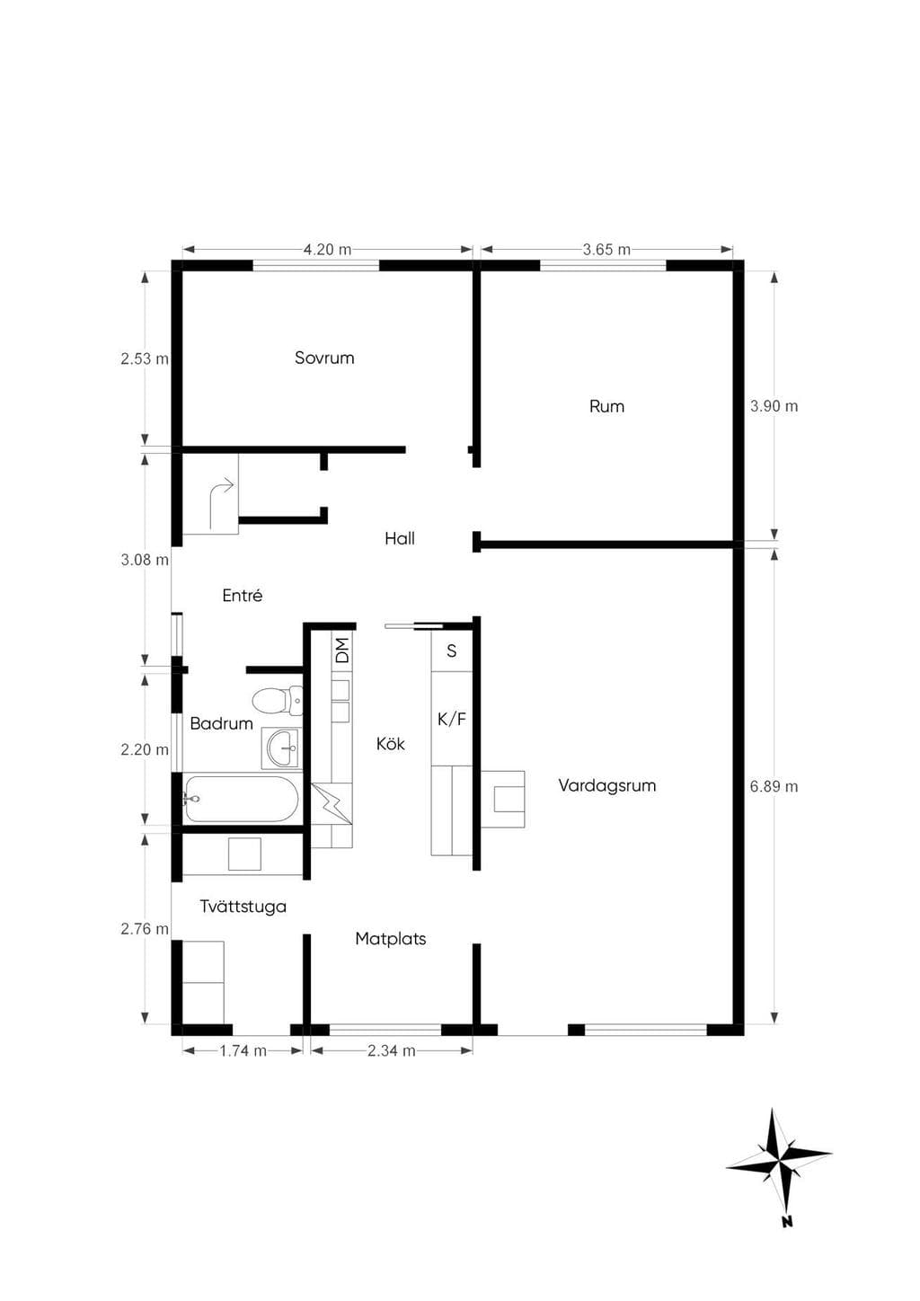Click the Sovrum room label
coord(324,358)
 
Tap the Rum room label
coord(606,406)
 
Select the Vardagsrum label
coord(607,786)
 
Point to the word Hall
coord(400,538)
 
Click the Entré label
coord(243,596)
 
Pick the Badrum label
coord(221,723)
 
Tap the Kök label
coord(390,743)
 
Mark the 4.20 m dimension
coord(327,250)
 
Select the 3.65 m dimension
coord(606,250)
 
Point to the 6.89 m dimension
coord(774,786)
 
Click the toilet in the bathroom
coord(278,701)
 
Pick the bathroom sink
coord(282,748)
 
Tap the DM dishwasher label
coord(342,650)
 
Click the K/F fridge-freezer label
coord(452,720)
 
